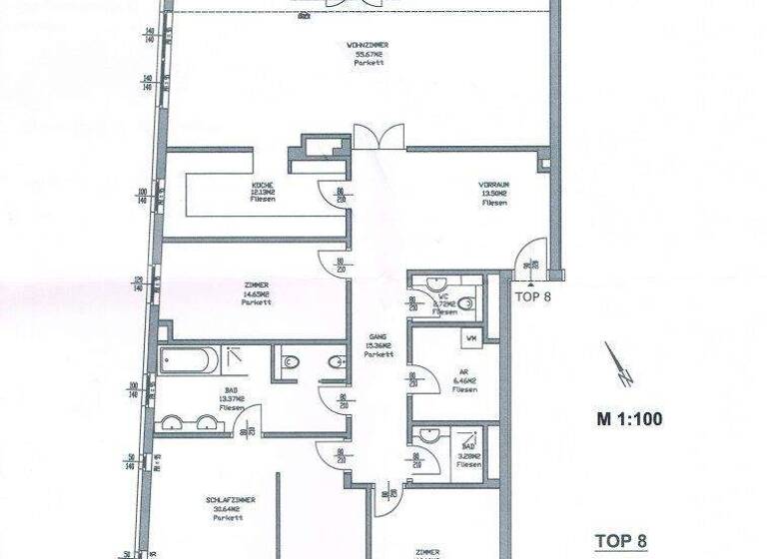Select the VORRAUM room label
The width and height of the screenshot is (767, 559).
[x=492, y=187]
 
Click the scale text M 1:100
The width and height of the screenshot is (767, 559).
[x=629, y=419]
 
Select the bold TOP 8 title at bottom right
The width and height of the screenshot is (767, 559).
[x=620, y=541]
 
